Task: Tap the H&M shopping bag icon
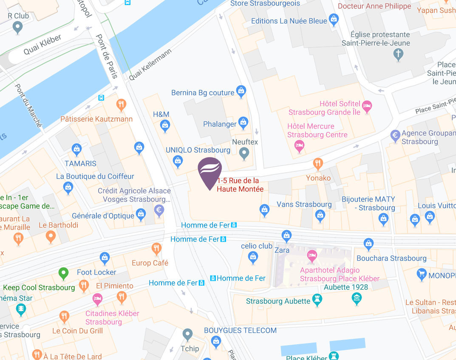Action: [x=165, y=125]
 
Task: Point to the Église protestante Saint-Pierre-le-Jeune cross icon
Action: [x=398, y=54]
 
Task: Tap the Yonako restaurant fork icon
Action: [x=317, y=163]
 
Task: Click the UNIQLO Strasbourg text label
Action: [x=198, y=150]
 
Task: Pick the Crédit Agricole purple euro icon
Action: [x=159, y=209]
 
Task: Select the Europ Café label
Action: [x=150, y=263]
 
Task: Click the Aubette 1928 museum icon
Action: [x=357, y=298]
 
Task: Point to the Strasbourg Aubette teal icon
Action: [x=317, y=300]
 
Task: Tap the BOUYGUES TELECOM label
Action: [x=240, y=330]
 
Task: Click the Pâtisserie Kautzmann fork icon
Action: [x=121, y=104]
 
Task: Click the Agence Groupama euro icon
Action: [x=395, y=136]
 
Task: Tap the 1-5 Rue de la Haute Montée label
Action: [x=240, y=185]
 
